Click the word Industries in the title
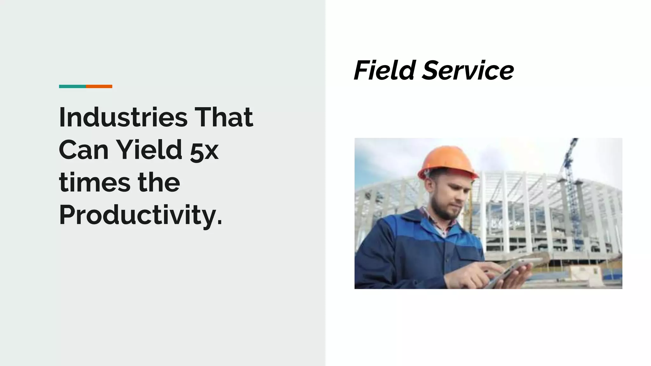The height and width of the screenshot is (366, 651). [123, 118]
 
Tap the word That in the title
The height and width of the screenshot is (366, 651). [224, 118]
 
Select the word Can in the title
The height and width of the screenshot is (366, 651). [84, 150]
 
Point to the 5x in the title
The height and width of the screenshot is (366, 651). [204, 152]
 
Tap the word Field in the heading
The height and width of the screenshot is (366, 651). [385, 70]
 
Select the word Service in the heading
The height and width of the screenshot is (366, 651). [468, 71]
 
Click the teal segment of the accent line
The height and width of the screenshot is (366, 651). [72, 86]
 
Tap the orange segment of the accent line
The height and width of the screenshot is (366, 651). [99, 86]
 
